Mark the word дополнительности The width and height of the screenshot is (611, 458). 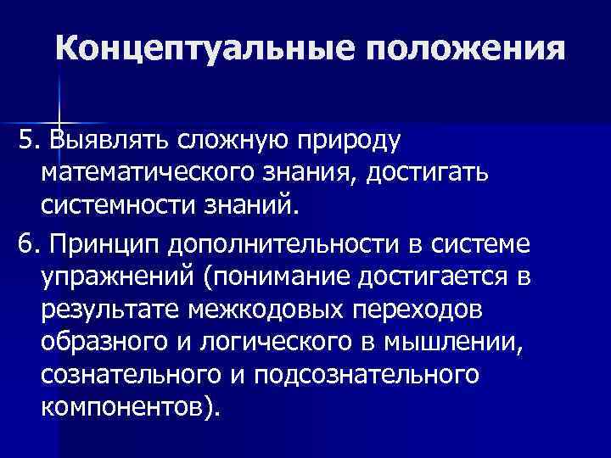tap(299, 244)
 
